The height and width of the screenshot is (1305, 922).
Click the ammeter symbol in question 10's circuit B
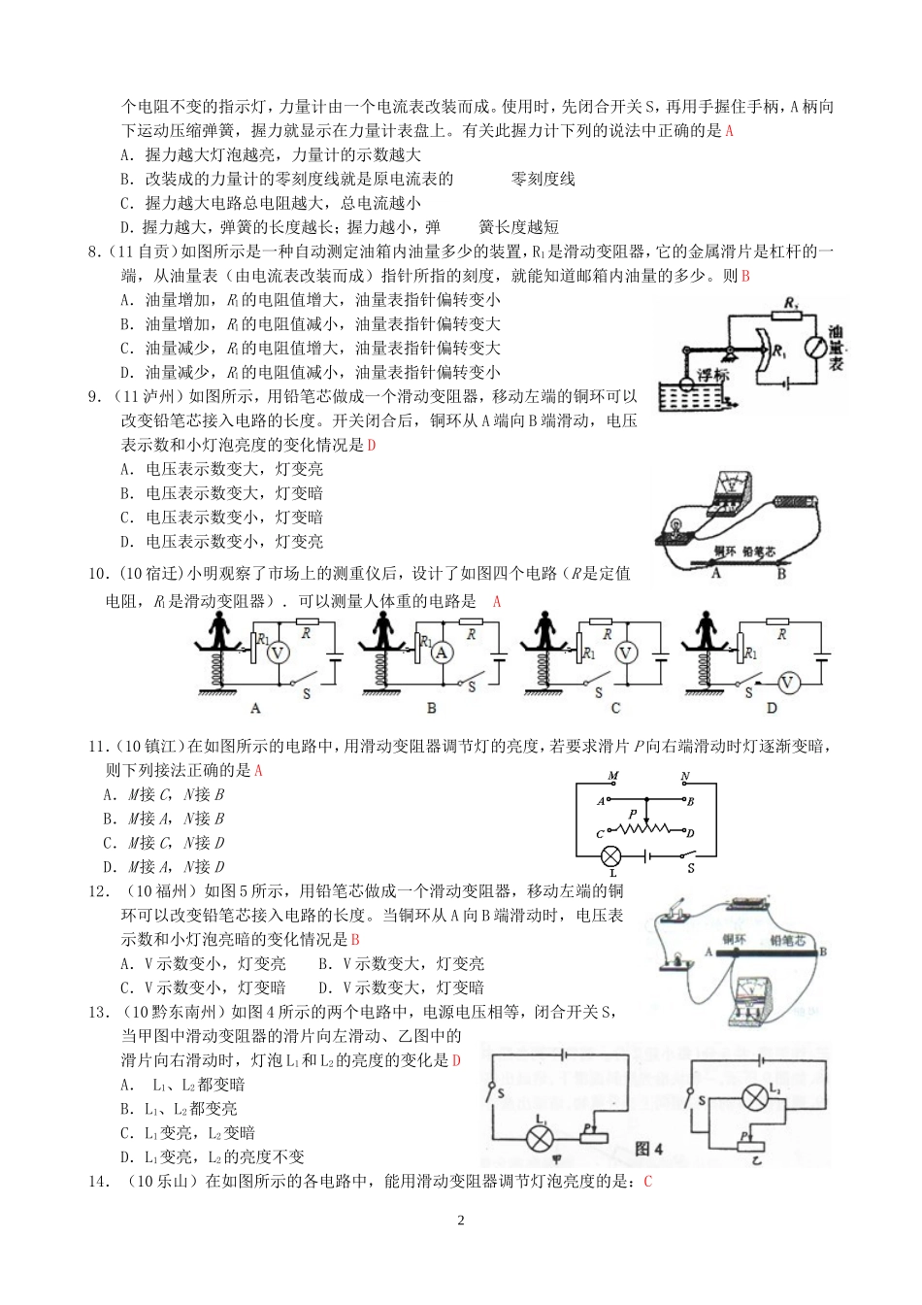[x=443, y=653]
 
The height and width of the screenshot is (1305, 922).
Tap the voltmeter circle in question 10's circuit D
[x=788, y=684]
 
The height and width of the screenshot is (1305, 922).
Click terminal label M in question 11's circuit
[x=612, y=777]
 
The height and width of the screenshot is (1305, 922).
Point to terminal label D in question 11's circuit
[x=690, y=833]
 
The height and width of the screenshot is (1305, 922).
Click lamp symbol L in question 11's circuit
[x=611, y=855]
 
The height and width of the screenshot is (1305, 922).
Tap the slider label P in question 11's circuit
[x=632, y=814]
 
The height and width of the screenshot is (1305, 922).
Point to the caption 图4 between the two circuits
[x=648, y=1150]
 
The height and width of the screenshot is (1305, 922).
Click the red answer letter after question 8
[x=745, y=276]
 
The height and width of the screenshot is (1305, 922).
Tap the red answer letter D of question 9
[x=370, y=446]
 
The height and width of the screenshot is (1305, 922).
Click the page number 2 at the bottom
[x=461, y=1221]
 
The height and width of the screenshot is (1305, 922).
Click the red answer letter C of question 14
[x=647, y=1182]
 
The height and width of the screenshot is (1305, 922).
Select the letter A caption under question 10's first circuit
[x=256, y=708]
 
